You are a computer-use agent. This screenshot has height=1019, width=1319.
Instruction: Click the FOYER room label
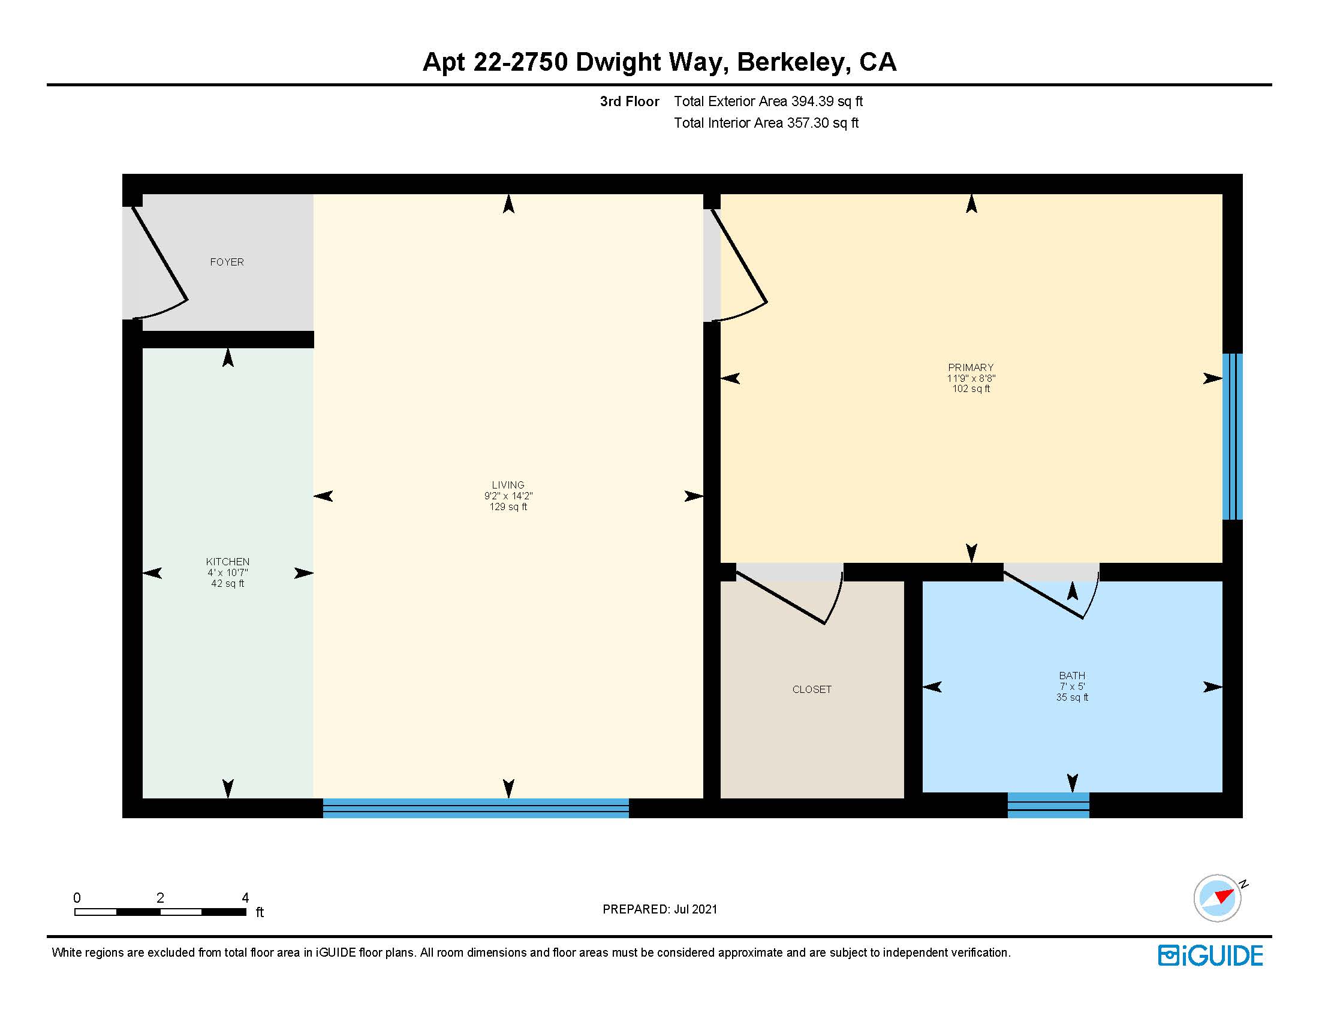click(x=227, y=262)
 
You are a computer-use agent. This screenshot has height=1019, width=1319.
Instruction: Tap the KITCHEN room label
click(x=227, y=562)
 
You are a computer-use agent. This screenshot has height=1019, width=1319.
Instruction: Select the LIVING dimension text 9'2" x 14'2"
click(x=508, y=496)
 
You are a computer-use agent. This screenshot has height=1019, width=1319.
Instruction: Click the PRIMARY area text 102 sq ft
click(x=971, y=389)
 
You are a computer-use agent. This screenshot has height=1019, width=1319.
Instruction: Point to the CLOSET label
click(x=811, y=689)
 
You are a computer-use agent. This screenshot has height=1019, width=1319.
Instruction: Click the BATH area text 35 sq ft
click(x=1071, y=697)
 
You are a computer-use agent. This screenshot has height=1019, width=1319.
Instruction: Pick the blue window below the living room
click(x=475, y=808)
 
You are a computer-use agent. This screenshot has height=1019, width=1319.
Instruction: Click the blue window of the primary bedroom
click(x=1231, y=436)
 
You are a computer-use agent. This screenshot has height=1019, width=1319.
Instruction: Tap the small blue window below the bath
click(x=1048, y=805)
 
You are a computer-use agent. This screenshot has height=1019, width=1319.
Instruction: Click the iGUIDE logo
click(x=1210, y=955)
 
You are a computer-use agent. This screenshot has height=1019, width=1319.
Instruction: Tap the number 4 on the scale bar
click(x=245, y=898)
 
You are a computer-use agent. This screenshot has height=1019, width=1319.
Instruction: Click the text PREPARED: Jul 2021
click(x=659, y=909)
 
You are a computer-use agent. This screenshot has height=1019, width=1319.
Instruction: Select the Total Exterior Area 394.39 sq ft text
click(x=767, y=101)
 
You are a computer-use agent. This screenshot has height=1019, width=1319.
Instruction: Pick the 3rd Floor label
click(x=629, y=101)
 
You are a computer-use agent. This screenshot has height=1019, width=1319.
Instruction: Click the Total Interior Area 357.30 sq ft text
click(x=765, y=123)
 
